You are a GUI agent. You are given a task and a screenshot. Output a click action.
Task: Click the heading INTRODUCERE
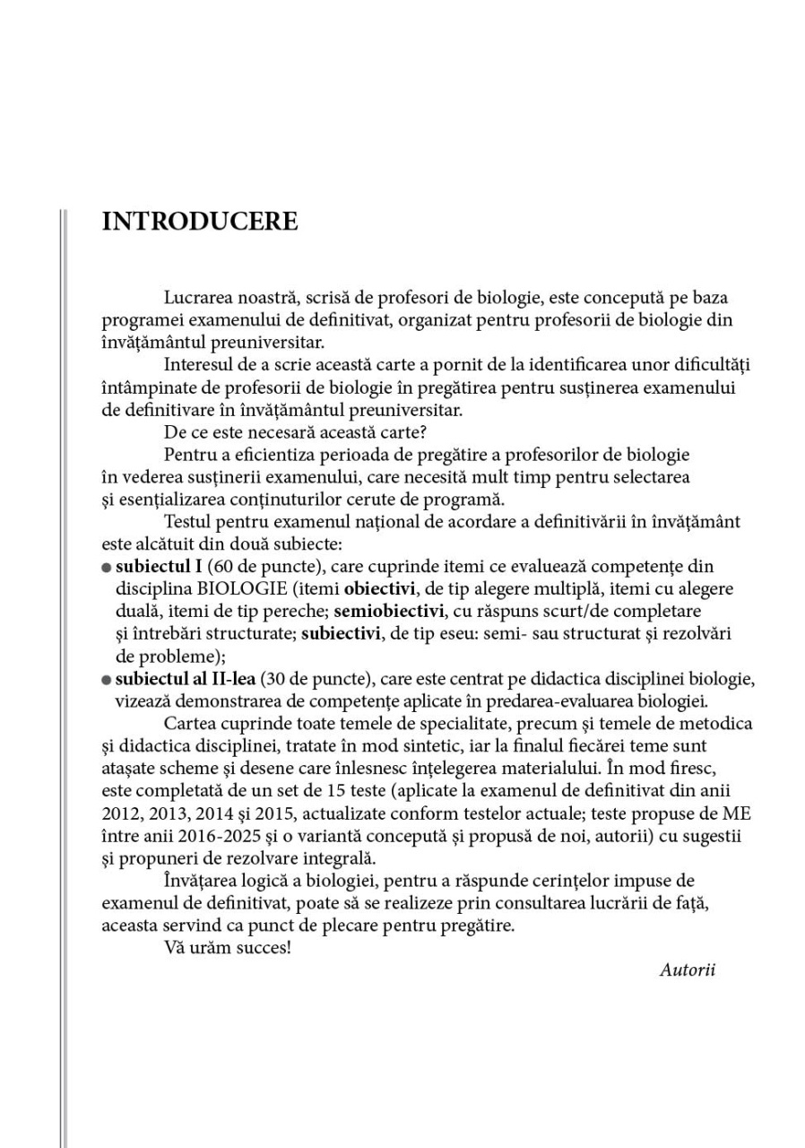pos(200,222)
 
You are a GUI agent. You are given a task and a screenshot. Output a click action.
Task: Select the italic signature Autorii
pos(687,970)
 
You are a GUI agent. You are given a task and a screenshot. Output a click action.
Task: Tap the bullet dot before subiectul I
pos(107,568)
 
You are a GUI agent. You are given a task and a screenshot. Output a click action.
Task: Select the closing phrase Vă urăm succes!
pos(228,948)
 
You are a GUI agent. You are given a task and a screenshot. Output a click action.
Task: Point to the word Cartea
pos(187,724)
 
